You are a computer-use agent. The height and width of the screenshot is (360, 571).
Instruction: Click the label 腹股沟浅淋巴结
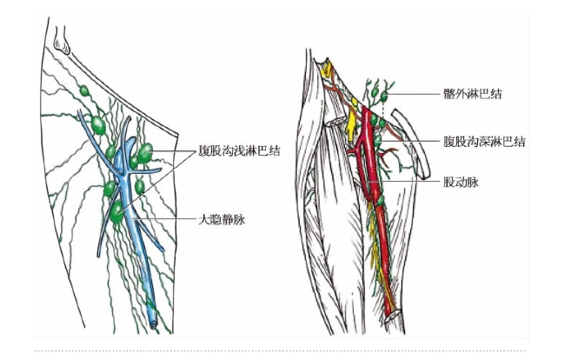[239, 150]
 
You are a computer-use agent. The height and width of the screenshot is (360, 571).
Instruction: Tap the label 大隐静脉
[222, 220]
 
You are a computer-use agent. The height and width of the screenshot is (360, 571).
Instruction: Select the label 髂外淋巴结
[473, 94]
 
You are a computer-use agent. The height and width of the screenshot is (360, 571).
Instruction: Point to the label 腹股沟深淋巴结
[484, 141]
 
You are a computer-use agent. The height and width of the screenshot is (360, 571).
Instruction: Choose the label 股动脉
[461, 182]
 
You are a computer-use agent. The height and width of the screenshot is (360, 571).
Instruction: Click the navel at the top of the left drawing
[62, 41]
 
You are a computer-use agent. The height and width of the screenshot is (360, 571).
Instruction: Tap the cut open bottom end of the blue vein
[153, 323]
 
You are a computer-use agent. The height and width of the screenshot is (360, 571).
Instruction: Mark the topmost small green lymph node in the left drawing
[84, 90]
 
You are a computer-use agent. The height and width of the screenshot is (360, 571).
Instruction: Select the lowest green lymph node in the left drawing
[117, 212]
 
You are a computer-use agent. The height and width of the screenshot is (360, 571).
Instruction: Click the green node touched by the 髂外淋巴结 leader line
[384, 97]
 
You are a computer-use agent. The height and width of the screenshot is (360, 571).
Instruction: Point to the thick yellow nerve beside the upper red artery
[351, 123]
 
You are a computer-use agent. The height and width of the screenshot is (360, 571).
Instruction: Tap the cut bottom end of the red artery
[393, 314]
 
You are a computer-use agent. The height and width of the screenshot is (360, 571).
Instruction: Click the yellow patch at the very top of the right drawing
[326, 69]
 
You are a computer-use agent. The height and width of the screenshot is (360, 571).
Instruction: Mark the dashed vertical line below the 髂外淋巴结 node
[383, 110]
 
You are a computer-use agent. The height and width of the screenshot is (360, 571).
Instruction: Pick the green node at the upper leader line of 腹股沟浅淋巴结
[145, 153]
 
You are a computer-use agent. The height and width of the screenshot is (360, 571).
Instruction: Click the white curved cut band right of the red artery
[412, 142]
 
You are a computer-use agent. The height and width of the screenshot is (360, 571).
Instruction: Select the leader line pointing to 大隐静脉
[165, 219]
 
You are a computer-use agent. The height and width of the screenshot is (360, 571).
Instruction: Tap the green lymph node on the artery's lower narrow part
[380, 200]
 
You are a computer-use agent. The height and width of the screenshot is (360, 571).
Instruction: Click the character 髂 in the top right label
[449, 94]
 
